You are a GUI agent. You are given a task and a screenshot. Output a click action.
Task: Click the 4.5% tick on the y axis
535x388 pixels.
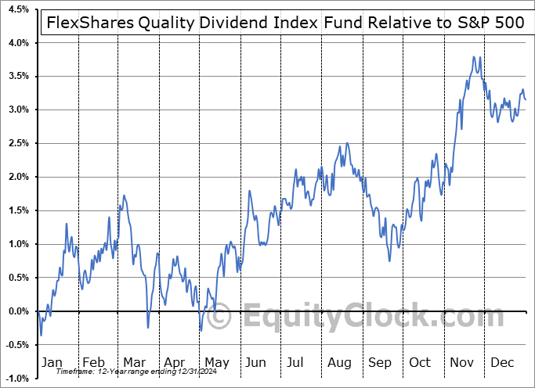pyautogui.click(x=19, y=9)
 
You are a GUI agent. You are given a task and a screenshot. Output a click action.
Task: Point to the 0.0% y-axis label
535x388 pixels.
pyautogui.click(x=19, y=311)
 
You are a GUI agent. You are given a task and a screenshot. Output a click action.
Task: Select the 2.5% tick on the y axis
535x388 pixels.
pyautogui.click(x=19, y=143)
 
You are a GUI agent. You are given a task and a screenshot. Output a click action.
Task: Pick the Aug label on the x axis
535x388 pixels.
pyautogui.click(x=339, y=363)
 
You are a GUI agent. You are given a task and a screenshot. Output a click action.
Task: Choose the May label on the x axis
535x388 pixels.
pyautogui.click(x=216, y=363)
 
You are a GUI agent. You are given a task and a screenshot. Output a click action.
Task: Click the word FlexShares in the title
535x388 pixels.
pyautogui.click(x=86, y=23)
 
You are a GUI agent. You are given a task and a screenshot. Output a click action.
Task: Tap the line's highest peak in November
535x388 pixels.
pyautogui.click(x=474, y=57)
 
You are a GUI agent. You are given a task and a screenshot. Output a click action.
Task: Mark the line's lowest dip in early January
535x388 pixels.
pyautogui.click(x=41, y=335)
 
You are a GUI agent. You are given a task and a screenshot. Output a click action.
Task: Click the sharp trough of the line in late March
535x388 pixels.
pyautogui.click(x=147, y=327)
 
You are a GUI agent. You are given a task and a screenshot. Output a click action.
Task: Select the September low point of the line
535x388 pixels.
pyautogui.click(x=389, y=262)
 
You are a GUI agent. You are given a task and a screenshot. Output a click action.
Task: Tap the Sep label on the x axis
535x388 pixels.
pyautogui.click(x=380, y=363)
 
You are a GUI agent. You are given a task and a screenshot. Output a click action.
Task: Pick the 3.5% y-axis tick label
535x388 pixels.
pyautogui.click(x=19, y=76)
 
